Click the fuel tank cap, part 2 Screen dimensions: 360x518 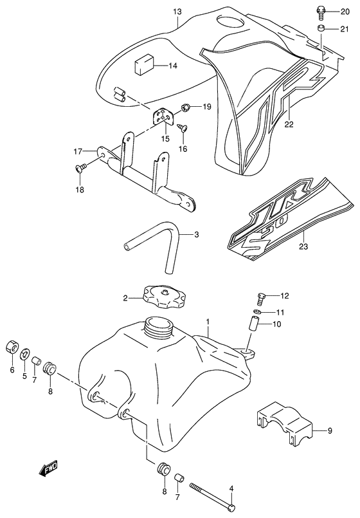[x=163, y=297]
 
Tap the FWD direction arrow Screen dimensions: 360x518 [x=48, y=468]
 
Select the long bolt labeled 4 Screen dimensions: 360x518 [x=212, y=497]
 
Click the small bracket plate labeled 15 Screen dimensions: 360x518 [x=162, y=116]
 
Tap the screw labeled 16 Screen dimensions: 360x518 [x=183, y=127]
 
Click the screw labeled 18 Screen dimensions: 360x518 [x=81, y=167]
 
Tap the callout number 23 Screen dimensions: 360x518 [x=303, y=246]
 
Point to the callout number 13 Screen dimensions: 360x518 [x=177, y=12]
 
